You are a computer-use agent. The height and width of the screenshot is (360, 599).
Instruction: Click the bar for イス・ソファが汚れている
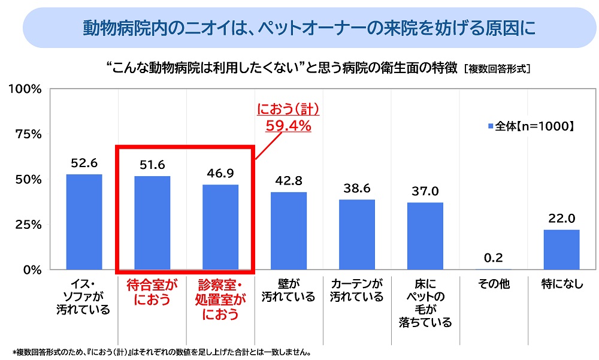84,222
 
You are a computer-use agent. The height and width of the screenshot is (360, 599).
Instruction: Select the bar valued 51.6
152,223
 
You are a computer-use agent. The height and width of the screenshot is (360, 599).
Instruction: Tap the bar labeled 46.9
220,227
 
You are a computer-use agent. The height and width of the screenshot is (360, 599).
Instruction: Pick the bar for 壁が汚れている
289,231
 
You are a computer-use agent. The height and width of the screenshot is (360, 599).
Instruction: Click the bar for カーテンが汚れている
357,234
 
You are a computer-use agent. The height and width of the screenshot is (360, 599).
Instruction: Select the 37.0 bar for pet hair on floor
425,236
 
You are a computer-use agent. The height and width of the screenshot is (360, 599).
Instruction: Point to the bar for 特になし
562,249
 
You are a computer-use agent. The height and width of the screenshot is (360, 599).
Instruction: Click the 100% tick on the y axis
25,89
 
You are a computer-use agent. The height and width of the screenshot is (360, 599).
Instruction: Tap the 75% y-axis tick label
28,134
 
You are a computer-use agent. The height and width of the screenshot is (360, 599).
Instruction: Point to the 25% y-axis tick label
28,225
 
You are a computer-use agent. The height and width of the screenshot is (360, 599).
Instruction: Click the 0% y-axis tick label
31,270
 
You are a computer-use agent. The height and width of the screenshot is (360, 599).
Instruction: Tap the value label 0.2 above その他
494,259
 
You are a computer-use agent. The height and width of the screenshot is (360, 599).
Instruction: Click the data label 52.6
84,163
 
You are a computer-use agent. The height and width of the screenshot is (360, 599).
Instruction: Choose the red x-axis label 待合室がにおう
152,292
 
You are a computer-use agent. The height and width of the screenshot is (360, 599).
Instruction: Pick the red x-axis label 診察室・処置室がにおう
220,299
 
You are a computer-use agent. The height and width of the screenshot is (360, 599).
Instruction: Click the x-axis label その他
494,284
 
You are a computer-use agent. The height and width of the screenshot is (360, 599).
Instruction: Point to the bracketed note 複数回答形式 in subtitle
497,69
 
